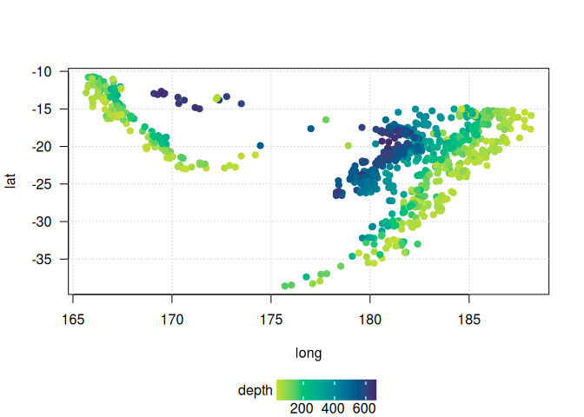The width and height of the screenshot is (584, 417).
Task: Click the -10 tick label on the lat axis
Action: pos(42,71)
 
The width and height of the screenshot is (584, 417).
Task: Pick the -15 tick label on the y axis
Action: pos(42,109)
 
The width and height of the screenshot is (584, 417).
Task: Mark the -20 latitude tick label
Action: pos(42,146)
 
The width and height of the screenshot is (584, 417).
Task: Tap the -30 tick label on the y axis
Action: pos(42,222)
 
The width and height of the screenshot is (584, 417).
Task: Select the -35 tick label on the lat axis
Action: pos(42,259)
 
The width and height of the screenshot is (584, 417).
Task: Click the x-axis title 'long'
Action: pos(310,353)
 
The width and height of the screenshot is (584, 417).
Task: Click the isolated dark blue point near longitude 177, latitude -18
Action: pos(311,129)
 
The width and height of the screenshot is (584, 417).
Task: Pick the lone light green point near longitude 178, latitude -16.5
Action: pos(326,120)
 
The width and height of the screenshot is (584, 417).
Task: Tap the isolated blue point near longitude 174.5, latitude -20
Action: pos(260,146)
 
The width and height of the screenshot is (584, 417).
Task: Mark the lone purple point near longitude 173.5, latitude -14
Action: pos(241,103)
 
